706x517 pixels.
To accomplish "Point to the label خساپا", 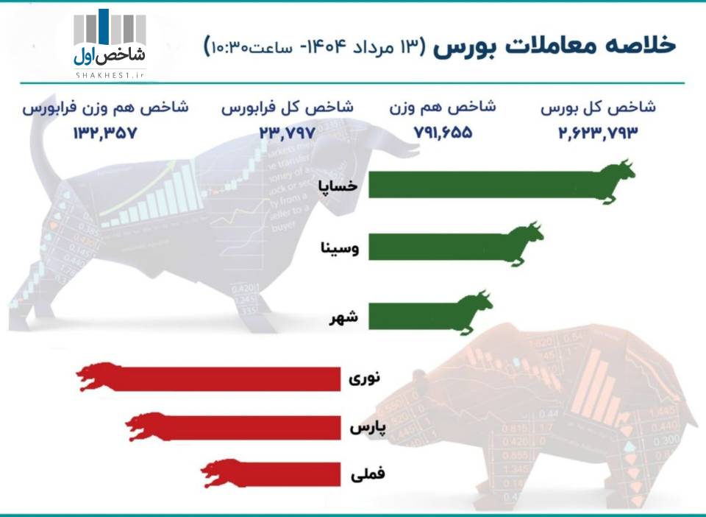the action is [x=338, y=186].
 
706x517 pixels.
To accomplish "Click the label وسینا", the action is [x=340, y=248].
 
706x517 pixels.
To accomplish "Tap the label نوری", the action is [x=365, y=378].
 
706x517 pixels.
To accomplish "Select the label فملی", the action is [x=368, y=474].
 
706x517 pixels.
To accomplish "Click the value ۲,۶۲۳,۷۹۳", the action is [x=598, y=133].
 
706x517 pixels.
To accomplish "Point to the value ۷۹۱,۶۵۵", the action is [x=443, y=133].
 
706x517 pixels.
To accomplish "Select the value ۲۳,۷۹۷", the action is [x=287, y=133].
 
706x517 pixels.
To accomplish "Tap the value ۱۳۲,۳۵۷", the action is [x=104, y=133].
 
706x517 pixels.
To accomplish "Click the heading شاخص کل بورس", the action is [x=598, y=108].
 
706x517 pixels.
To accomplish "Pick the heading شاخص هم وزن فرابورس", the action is [x=105, y=108].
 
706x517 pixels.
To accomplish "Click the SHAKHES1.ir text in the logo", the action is [x=110, y=75].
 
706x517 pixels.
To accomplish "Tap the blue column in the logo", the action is [x=104, y=27].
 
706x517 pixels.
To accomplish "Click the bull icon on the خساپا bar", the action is [x=618, y=181].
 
